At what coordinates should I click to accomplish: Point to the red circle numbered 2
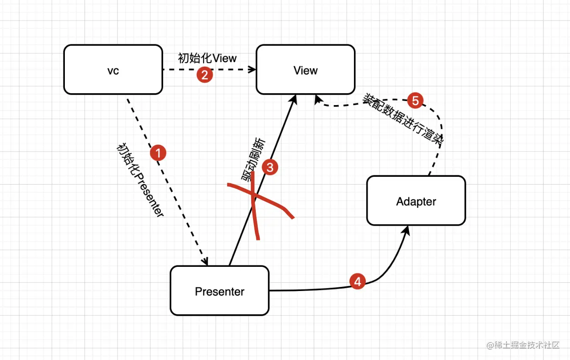(x=205, y=74)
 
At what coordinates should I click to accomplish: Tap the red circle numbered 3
(x=270, y=168)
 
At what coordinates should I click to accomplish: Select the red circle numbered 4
(x=358, y=281)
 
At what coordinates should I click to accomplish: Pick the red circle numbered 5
(x=415, y=101)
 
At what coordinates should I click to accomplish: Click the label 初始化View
(x=207, y=58)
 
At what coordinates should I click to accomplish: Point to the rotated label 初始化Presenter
(x=140, y=180)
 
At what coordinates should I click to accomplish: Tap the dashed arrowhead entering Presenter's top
(x=206, y=262)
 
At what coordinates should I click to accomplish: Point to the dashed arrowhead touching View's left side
(x=252, y=70)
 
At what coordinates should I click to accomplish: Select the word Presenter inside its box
(x=220, y=291)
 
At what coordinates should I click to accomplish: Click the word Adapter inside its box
(x=416, y=201)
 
